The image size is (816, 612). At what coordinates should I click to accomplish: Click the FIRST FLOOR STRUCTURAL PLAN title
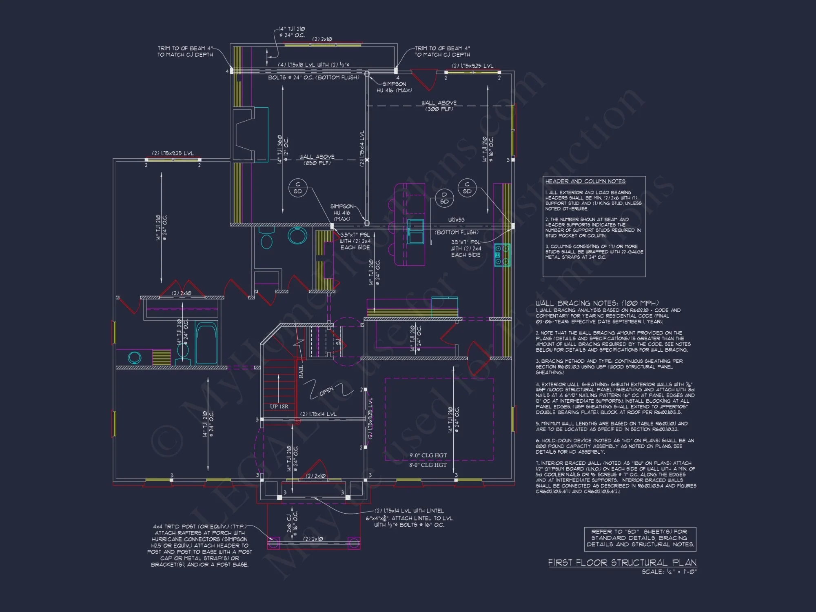pos(622,563)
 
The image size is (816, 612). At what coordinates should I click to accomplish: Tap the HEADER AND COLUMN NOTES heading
pos(585,181)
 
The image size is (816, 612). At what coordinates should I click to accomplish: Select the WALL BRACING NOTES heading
pos(597,303)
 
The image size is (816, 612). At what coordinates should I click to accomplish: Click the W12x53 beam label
pos(456,220)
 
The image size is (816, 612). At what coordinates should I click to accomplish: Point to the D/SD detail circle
pos(444,198)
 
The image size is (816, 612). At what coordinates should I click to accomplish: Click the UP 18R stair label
pos(279,406)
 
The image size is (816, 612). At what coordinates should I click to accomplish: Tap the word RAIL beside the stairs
pos(301,371)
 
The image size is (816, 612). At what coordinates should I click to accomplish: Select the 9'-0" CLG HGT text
pos(428,455)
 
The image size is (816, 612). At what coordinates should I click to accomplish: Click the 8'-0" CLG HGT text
pos(428,465)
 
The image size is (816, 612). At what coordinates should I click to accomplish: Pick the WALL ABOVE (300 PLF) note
pos(439,106)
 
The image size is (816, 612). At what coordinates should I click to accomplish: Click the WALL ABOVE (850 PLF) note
pos(317,160)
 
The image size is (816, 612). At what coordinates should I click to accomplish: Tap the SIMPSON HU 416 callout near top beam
pos(394,87)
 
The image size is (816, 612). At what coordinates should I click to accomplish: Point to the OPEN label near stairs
pos(326,391)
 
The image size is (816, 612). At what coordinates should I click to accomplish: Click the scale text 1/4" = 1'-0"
pos(669,572)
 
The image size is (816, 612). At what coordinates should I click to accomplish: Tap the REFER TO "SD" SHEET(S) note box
pos(640,538)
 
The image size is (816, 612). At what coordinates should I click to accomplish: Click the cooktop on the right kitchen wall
pos(502,255)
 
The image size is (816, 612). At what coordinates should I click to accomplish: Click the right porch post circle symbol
pos(354,543)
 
